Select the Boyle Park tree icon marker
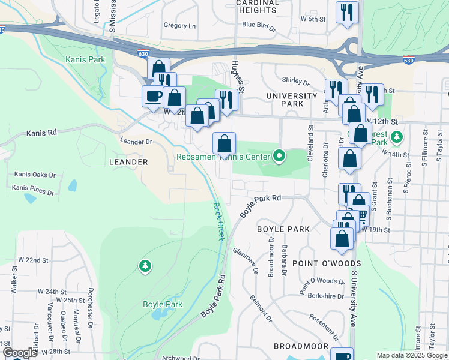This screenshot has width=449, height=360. point(145,265)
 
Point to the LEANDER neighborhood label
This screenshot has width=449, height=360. point(128,162)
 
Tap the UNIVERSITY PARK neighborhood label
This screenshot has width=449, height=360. point(292,100)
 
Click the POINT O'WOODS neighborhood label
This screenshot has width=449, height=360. point(327,263)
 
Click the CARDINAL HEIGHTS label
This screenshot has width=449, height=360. point(258,7)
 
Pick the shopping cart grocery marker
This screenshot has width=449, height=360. point(361,214)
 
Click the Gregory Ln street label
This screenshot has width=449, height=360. point(180,26)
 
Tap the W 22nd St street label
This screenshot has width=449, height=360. point(33,260)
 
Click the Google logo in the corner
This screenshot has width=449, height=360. point(20,353)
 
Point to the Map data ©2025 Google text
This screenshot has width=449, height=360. point(411,355)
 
